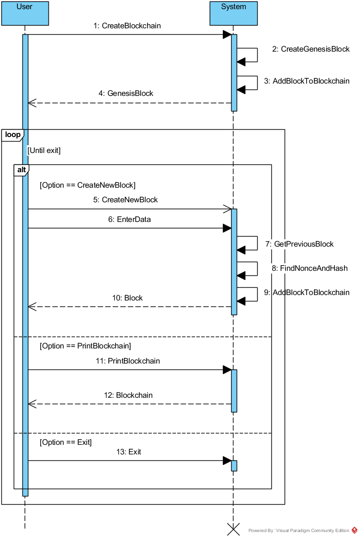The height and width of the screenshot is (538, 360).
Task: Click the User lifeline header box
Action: pyautogui.click(x=25, y=13)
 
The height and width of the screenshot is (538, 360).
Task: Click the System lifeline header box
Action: pyautogui.click(x=233, y=13)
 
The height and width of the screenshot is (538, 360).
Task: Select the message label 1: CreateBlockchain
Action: pyautogui.click(x=127, y=26)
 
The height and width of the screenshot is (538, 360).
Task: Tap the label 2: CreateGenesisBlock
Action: pyautogui.click(x=311, y=49)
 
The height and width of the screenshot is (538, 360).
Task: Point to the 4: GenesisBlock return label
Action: pyautogui.click(x=126, y=94)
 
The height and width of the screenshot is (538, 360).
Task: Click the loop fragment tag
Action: pyautogui.click(x=12, y=135)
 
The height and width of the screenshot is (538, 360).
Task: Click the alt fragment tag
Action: pyautogui.click(x=21, y=170)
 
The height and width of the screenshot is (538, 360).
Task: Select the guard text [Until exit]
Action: pyautogui.click(x=44, y=150)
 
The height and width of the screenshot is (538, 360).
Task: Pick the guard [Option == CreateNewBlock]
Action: pyautogui.click(x=88, y=185)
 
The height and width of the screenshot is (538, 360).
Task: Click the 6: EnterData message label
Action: pyautogui.click(x=129, y=220)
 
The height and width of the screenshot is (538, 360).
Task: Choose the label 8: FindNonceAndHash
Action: pyautogui.click(x=309, y=269)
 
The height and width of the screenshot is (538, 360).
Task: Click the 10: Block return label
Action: pyautogui.click(x=127, y=298)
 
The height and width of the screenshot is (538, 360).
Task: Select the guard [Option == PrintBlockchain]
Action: pyautogui.click(x=85, y=346)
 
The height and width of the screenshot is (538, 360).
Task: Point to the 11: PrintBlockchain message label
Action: pyautogui.click(x=128, y=361)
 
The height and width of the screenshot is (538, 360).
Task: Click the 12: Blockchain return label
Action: pyautogui.click(x=128, y=396)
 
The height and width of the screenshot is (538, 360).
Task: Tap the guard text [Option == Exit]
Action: pyautogui.click(x=66, y=443)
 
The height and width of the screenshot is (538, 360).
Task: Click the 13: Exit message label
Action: pyautogui.click(x=128, y=452)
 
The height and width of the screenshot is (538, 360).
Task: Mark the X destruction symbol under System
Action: pyautogui.click(x=233, y=529)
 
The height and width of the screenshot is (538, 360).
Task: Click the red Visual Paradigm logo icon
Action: pyautogui.click(x=355, y=530)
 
